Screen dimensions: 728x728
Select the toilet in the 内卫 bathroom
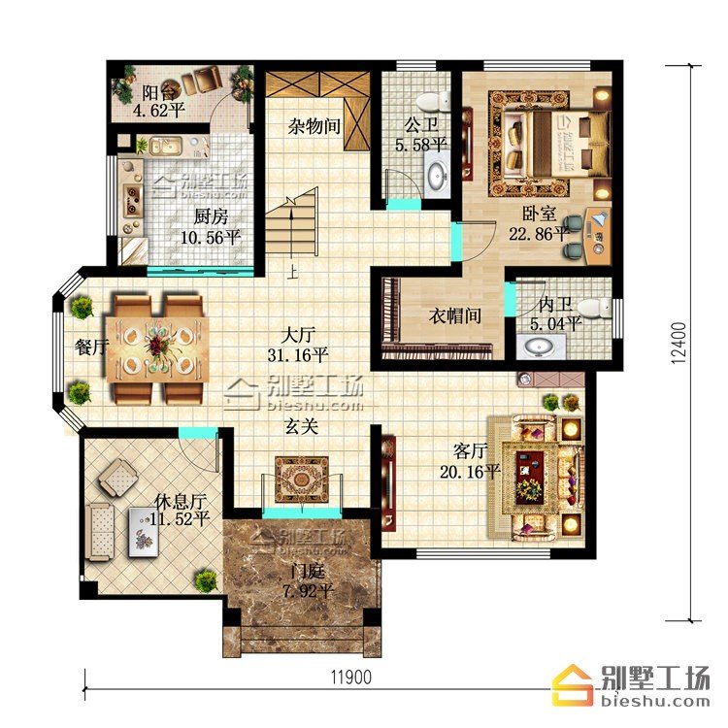tap(595, 309)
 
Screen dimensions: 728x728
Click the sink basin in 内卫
tap(540, 347)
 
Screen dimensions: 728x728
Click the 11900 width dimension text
tap(351, 678)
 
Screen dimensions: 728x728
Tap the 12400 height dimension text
tap(678, 344)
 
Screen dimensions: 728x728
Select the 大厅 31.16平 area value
tap(298, 355)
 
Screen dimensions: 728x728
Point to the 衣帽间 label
tap(454, 316)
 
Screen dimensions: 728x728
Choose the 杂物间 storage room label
tap(314, 126)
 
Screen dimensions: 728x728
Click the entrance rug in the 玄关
tap(302, 480)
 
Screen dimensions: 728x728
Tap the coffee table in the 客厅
tap(529, 480)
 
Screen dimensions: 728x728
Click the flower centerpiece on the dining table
tap(158, 345)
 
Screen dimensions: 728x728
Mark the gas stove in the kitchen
tap(132, 201)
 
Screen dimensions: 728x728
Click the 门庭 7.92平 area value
tap(309, 591)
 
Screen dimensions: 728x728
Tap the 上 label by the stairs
tap(291, 272)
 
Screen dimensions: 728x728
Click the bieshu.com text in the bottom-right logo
tap(655, 700)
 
